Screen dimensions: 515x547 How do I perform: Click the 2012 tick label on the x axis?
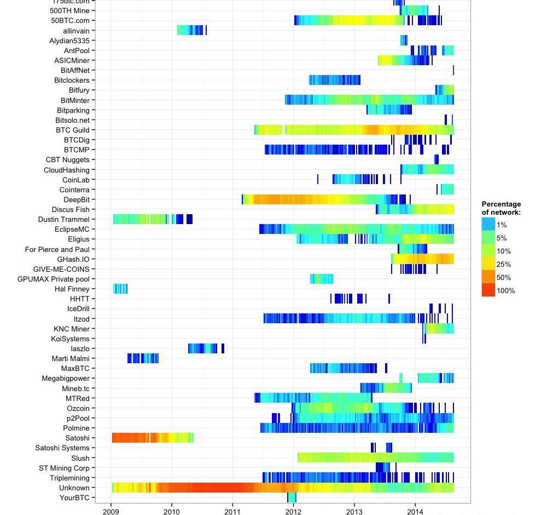tap(293, 511)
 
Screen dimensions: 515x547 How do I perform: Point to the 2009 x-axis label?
tap(111, 511)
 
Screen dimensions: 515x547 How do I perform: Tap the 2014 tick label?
tap(415, 511)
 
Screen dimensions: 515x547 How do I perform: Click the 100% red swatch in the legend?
tap(488, 290)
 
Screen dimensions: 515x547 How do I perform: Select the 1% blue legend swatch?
tap(488, 225)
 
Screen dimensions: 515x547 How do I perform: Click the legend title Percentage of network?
tap(501, 208)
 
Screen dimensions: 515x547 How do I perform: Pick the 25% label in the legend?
tap(504, 265)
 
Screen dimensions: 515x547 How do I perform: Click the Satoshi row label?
tap(77, 438)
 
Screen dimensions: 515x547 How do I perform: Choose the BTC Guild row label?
tap(72, 130)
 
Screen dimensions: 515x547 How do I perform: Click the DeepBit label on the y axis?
tap(76, 199)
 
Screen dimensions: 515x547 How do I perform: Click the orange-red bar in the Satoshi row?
tap(131, 438)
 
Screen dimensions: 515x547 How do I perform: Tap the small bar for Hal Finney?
tap(120, 289)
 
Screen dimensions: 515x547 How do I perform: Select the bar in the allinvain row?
tap(190, 31)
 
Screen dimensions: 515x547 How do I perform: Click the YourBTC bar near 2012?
tap(292, 497)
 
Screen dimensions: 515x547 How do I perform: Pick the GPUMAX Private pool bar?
tap(322, 279)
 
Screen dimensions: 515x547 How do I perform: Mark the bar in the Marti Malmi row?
tap(143, 358)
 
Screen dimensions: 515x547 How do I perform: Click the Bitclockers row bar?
tap(334, 80)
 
